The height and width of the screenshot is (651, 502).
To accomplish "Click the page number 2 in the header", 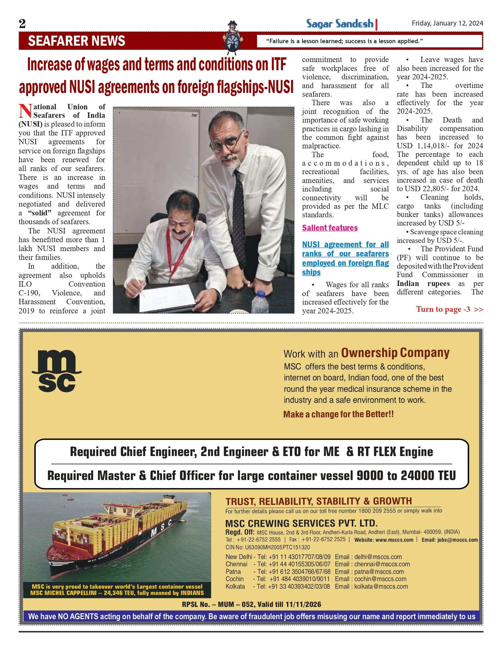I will pos(22,24).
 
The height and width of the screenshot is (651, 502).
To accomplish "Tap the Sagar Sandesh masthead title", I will pos(340,24).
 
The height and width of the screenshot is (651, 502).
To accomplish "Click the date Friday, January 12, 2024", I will pos(447,23).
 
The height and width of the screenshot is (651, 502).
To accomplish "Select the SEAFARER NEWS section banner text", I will pos(76,41).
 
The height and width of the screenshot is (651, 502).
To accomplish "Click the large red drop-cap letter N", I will pos(25,111).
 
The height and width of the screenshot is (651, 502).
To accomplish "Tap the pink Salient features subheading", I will pos(330,228).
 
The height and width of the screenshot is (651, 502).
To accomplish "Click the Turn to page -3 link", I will pos(449,309).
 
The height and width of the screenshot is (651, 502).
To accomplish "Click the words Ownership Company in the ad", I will pos(395,353).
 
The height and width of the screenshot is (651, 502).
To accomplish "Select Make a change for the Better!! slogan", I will pos(338,414).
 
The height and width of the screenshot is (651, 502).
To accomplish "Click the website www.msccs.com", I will pos(394,540).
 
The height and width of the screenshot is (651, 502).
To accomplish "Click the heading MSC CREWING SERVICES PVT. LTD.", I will pos(301,523).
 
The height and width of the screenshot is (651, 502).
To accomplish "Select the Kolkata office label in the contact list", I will pos(235,586).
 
